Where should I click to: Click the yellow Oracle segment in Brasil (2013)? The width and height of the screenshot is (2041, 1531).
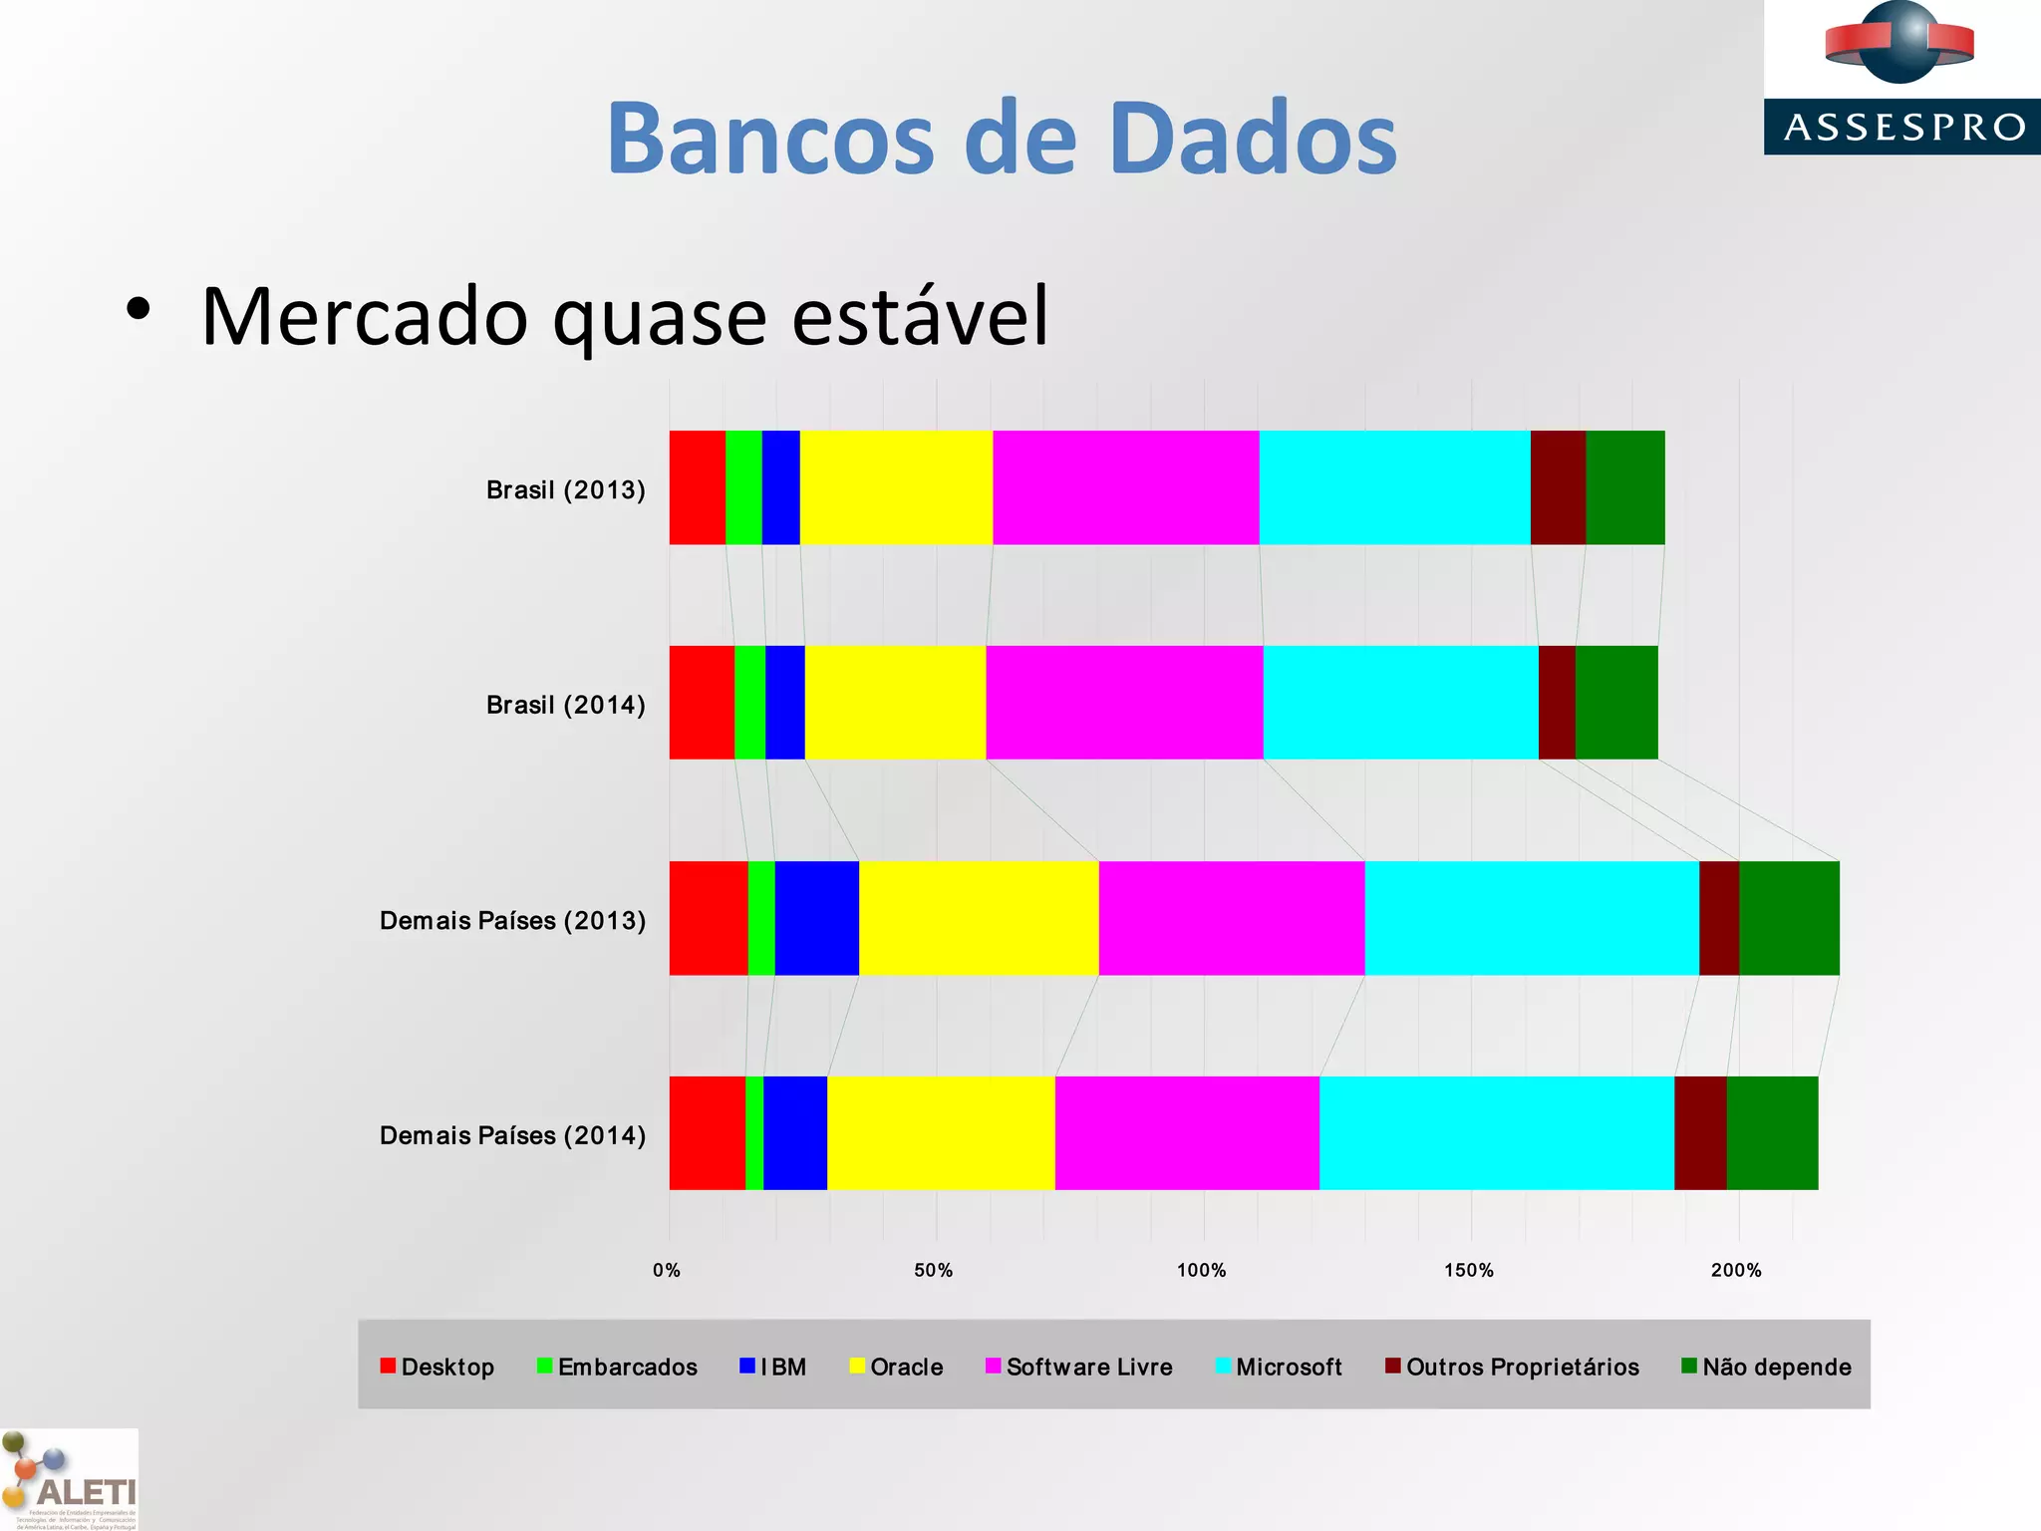[x=896, y=487]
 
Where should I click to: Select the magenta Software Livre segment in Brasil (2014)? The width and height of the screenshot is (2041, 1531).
[x=1124, y=703]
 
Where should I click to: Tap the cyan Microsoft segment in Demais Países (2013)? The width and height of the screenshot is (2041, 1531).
[x=1532, y=918]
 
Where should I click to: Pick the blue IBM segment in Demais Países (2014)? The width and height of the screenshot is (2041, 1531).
[x=795, y=1133]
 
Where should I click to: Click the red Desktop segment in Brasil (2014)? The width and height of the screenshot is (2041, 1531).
[x=702, y=703]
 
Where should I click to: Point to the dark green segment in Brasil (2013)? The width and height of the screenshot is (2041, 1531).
[x=1624, y=487]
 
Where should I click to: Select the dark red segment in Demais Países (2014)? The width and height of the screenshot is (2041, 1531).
[x=1700, y=1133]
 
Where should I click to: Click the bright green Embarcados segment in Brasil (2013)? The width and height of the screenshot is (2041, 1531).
[x=743, y=487]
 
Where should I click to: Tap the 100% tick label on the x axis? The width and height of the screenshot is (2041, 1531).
[x=1201, y=1270]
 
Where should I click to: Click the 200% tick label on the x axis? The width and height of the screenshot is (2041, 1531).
[x=1736, y=1270]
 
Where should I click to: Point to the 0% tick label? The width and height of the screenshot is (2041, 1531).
[x=667, y=1270]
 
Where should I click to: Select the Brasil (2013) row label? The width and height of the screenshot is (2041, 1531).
[x=565, y=489]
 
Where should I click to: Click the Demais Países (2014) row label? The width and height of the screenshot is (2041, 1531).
[x=512, y=1135]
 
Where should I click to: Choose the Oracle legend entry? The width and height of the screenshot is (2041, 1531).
[x=905, y=1367]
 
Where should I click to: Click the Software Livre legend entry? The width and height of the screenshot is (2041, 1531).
[x=1088, y=1367]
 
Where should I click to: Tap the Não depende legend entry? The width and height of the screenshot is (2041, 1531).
[x=1776, y=1367]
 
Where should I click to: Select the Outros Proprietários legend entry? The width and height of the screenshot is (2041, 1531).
[x=1522, y=1367]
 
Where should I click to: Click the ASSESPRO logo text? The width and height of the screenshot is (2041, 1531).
[x=1903, y=128]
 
